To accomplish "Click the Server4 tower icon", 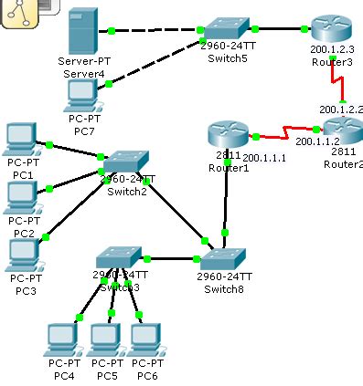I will click(x=84, y=32).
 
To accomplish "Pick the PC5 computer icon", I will click(x=107, y=337).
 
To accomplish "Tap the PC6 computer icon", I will click(x=145, y=337).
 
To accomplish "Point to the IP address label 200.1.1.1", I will click(x=264, y=157).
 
